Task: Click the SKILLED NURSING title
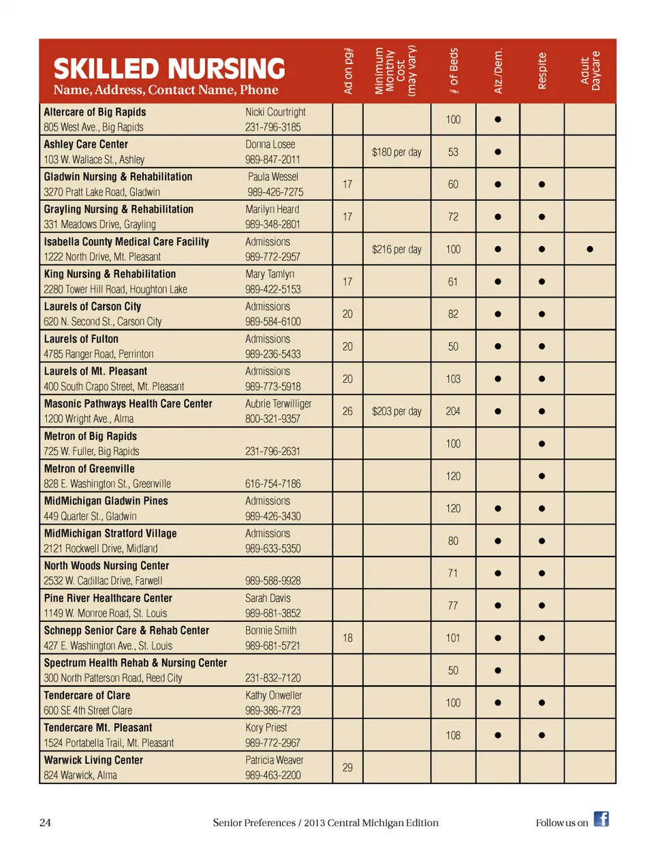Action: coord(169,69)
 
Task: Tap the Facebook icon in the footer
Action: coord(601,819)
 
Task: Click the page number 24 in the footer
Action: coord(45,823)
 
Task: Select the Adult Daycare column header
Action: coord(590,71)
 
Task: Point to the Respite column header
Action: coord(542,71)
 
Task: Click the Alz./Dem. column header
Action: coord(498,71)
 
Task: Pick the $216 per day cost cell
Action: coord(396,249)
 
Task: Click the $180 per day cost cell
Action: coord(396,152)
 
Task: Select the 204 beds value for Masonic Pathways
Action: coord(453,411)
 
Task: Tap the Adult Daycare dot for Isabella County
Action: coord(590,249)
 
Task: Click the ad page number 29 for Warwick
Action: coord(347,768)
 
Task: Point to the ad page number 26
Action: coord(347,411)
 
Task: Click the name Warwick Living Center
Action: coord(93,760)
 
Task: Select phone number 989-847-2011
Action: coord(272,159)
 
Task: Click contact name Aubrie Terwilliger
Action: coord(278,404)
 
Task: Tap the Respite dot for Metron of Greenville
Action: coord(542,476)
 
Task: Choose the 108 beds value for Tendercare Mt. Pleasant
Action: coord(453,736)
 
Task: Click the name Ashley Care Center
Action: coord(86,144)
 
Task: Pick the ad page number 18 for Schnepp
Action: coord(347,638)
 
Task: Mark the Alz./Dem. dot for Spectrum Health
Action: coord(498,670)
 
